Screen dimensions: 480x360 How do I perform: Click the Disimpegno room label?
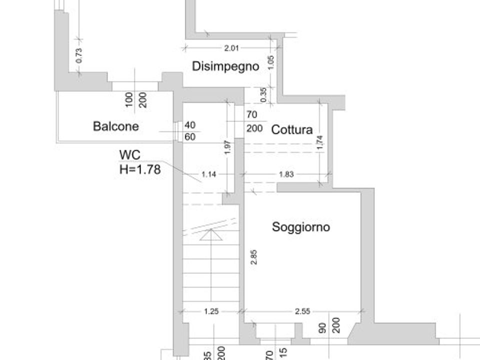[x=225, y=66]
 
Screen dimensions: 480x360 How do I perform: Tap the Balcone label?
[x=115, y=126]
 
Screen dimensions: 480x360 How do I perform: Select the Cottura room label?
[x=291, y=130]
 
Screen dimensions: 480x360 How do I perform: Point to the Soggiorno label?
[x=301, y=227]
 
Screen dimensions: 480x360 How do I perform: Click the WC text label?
[x=130, y=155]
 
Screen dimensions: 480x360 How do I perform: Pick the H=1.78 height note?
[x=140, y=169]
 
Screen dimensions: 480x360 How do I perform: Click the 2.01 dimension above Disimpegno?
[x=231, y=48]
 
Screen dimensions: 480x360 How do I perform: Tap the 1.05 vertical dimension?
[x=271, y=62]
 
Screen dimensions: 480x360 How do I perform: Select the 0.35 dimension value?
[x=263, y=95]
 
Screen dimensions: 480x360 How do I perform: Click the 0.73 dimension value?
[x=79, y=55]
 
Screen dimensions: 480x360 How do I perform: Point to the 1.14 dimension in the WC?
[x=209, y=174]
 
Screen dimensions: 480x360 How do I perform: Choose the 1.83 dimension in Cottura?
[x=286, y=174]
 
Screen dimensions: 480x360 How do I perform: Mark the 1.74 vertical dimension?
[x=320, y=142]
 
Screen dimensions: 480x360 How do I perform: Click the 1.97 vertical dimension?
[x=227, y=147]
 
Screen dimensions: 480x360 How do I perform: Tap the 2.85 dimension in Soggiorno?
[x=253, y=257]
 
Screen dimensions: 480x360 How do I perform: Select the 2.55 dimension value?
[x=302, y=311]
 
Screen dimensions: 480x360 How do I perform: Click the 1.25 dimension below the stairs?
[x=211, y=311]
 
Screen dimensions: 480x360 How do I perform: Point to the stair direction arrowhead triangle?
[x=211, y=234]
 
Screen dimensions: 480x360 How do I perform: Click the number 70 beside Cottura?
[x=251, y=114]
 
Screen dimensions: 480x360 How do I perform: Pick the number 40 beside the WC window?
[x=190, y=125]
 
